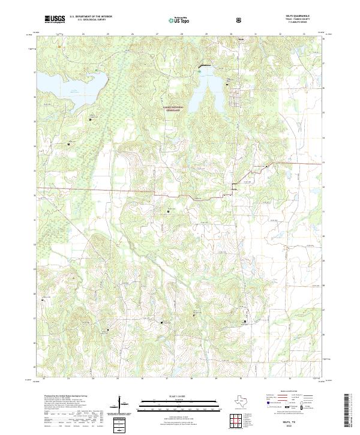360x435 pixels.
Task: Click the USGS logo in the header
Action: pos(55,19)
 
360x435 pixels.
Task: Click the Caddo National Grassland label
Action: pos(174,109)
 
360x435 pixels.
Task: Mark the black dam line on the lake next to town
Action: pos(205,65)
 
